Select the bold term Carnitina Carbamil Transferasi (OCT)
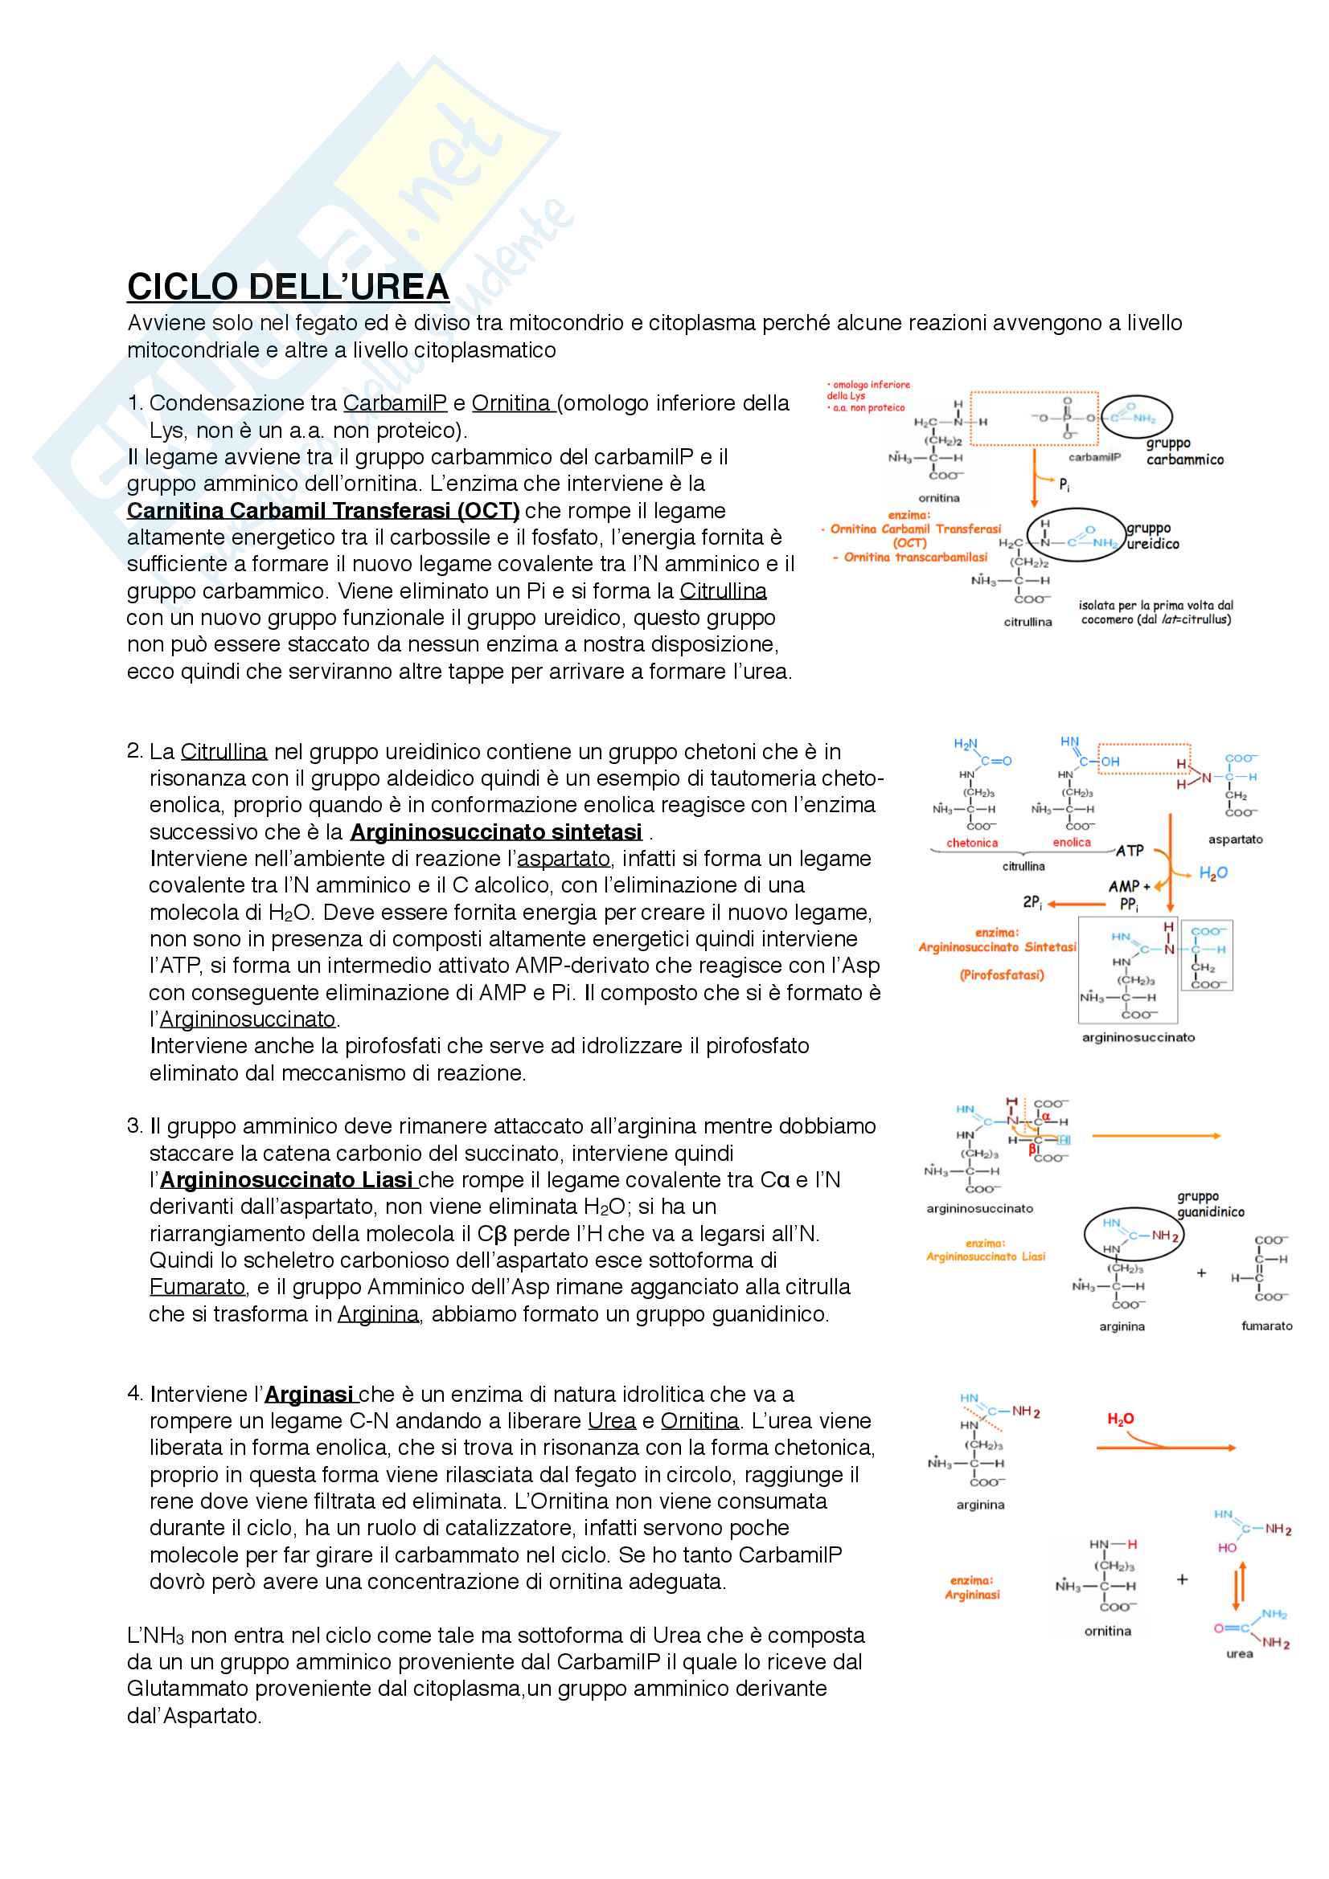[322, 511]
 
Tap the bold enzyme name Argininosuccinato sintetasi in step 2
[495, 832]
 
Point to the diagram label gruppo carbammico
[1184, 451]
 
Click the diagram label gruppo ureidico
[1153, 536]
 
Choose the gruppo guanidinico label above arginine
[1210, 1204]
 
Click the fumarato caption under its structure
[1266, 1326]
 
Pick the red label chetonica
[972, 843]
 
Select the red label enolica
[1071, 842]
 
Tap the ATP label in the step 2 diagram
[1130, 851]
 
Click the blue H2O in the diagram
[1212, 873]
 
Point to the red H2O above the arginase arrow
[1120, 1419]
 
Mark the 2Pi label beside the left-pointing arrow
[1032, 902]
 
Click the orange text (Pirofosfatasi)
[1002, 974]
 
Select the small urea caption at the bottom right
[1239, 1653]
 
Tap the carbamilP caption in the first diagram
[1094, 456]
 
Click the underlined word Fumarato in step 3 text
[197, 1287]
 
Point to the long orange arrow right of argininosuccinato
[1155, 1136]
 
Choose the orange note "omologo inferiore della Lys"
[869, 390]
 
